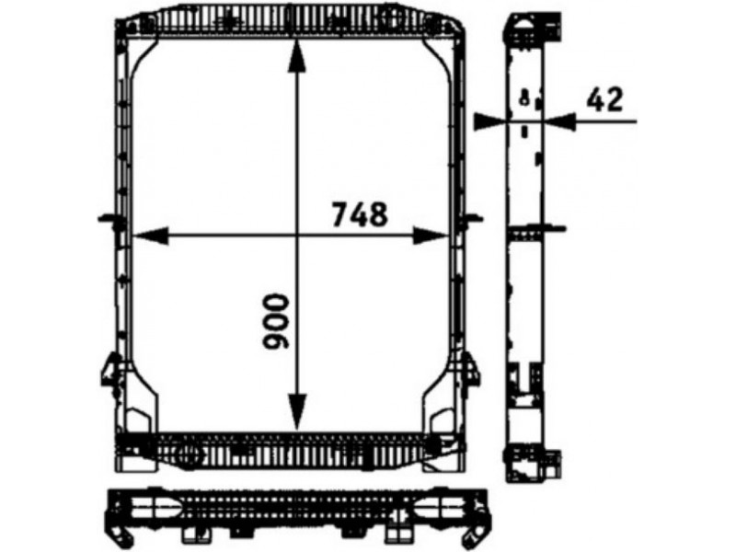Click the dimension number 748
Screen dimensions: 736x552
coord(360,214)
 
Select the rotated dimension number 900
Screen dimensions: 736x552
coord(275,321)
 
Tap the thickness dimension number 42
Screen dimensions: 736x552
coord(605,99)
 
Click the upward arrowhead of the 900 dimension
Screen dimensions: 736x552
coord(296,55)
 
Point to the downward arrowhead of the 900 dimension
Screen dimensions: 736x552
coord(296,412)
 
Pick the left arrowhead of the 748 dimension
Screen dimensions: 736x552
coord(150,236)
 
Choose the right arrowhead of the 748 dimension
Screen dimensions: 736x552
coord(431,236)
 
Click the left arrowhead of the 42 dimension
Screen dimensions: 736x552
coord(490,121)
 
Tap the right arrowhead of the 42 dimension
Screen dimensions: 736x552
coord(559,121)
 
